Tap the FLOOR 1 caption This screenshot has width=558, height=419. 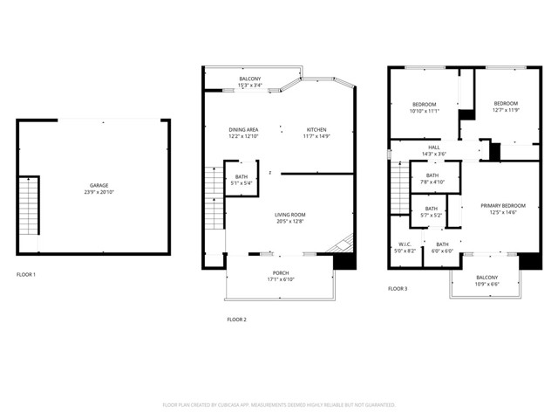click(27, 275)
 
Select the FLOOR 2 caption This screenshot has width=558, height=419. click(237, 319)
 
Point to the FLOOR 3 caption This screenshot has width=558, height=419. click(398, 288)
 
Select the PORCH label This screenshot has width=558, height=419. click(281, 276)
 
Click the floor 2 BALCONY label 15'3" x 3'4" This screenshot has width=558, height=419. click(250, 82)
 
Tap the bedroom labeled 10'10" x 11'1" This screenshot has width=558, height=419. click(424, 107)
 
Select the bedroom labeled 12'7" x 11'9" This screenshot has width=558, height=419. click(506, 106)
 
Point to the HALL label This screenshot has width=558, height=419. click(433, 150)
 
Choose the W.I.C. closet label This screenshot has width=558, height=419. click(405, 247)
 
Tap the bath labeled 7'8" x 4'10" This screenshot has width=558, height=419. click(432, 179)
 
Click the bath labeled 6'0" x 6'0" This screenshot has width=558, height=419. click(442, 247)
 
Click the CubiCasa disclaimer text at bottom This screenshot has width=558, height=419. click(279, 405)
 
